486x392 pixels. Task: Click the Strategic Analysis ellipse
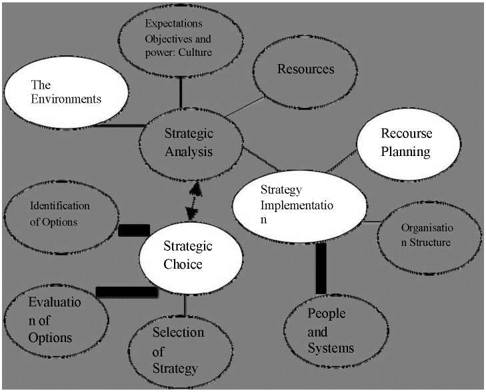click(191, 145)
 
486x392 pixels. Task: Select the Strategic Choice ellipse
click(191, 258)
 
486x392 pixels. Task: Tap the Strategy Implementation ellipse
click(299, 207)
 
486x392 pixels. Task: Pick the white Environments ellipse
click(66, 92)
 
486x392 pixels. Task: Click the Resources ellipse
click(305, 72)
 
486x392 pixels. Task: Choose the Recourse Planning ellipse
click(409, 144)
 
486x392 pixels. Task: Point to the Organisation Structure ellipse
click(429, 238)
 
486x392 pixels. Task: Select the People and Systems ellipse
click(336, 331)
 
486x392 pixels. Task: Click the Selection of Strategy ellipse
click(181, 352)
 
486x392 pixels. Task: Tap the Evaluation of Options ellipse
click(56, 321)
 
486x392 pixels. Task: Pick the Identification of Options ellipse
click(61, 217)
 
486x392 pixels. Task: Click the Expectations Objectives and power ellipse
click(181, 40)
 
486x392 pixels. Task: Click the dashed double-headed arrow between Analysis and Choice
click(193, 201)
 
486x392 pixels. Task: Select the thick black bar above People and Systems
click(321, 269)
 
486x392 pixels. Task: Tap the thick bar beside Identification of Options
click(134, 230)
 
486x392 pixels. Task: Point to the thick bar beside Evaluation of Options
click(127, 292)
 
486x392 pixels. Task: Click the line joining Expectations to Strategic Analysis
click(181, 93)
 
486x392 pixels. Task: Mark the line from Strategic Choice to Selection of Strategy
click(185, 305)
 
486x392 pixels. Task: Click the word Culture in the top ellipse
click(195, 53)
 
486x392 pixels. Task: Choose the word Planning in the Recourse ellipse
click(405, 152)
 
